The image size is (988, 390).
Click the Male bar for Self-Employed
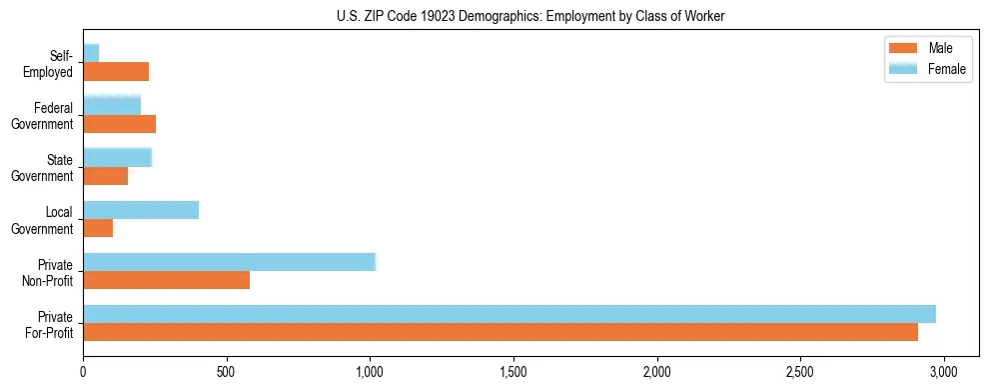click(116, 72)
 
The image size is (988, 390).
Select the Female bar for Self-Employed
click(91, 53)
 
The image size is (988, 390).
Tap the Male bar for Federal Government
click(120, 124)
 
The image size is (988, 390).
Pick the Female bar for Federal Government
click(112, 105)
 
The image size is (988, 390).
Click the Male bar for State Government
click(106, 176)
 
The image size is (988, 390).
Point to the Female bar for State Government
click(117, 157)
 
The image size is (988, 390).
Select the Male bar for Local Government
click(98, 228)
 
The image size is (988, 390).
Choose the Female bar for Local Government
click(141, 210)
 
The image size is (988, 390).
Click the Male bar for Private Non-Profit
click(167, 280)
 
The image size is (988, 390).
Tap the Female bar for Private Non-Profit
click(229, 262)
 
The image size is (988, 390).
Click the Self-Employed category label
click(50, 63)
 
